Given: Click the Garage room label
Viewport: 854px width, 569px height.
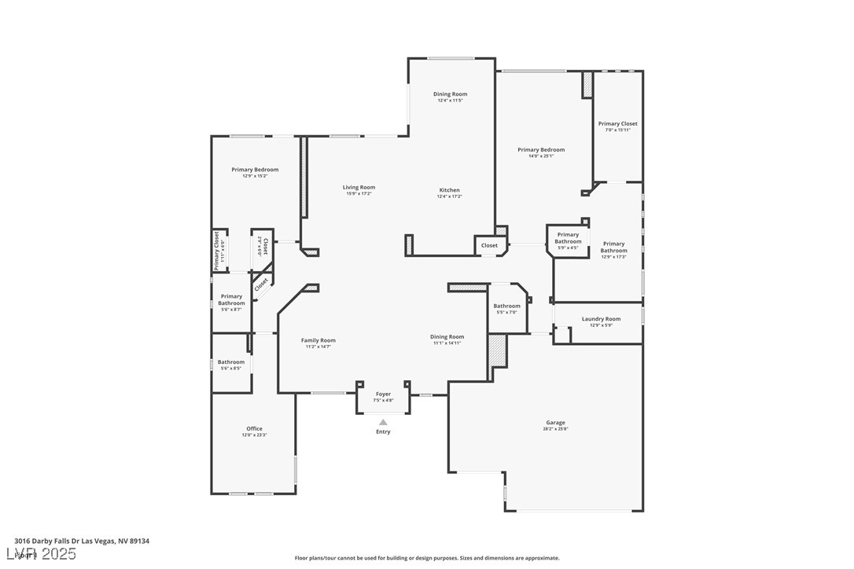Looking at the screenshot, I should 554,423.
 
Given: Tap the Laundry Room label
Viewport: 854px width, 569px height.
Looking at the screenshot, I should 601,319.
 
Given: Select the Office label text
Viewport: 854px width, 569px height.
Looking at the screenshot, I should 254,428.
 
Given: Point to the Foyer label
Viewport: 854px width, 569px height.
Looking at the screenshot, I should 383,394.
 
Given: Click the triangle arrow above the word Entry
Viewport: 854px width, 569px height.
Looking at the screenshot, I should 383,422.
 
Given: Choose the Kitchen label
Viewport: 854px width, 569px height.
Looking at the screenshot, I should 449,190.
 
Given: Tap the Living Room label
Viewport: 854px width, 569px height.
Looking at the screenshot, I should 359,187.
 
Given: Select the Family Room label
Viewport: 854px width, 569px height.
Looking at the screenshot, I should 318,340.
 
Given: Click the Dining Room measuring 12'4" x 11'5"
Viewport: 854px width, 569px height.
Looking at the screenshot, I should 450,94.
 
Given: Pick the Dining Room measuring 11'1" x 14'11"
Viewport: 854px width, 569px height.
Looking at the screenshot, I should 447,336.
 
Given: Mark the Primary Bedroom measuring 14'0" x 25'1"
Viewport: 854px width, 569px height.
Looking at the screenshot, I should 541,149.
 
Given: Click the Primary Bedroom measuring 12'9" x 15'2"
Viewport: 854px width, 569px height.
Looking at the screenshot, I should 255,170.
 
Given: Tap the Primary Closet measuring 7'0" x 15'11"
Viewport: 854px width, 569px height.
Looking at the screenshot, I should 617,123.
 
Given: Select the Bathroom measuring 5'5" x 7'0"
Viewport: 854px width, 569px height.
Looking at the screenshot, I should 506,306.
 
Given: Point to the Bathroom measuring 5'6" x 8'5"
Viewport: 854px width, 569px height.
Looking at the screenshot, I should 231,362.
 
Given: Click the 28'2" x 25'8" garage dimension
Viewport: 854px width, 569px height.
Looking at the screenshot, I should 554,429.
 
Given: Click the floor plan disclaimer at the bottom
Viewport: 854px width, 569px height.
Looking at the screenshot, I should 427,558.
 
